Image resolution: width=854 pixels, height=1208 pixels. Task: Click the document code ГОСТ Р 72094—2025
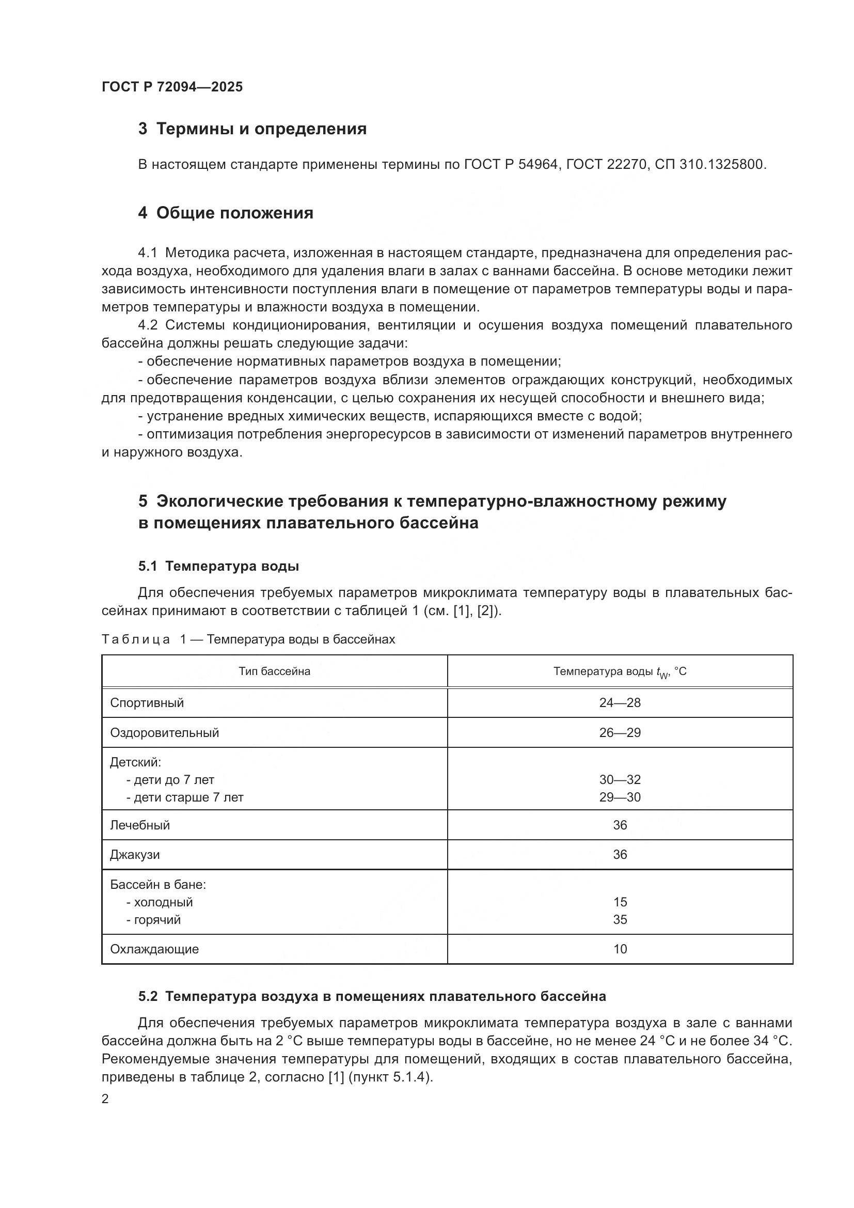(172, 87)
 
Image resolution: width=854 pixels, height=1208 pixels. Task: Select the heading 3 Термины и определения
(252, 129)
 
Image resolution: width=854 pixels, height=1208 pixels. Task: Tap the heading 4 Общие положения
(226, 213)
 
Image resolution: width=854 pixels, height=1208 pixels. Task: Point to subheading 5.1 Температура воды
(219, 566)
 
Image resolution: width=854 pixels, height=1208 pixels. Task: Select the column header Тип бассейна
(274, 671)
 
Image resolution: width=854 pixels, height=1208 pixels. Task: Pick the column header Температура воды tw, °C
(620, 672)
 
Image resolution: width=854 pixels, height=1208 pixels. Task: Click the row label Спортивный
(147, 703)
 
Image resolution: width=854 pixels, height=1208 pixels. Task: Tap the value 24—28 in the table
(620, 703)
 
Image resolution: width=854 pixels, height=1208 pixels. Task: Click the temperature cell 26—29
(620, 733)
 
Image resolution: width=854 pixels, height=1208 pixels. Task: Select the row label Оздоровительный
(164, 733)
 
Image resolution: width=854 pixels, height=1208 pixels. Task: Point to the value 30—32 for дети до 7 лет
(620, 780)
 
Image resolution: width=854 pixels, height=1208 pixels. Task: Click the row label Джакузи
(135, 854)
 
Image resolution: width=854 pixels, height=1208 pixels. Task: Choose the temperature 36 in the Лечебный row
(620, 825)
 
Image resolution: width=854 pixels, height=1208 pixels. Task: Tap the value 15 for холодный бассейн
(620, 902)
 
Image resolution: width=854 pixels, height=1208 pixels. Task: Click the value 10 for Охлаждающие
(620, 949)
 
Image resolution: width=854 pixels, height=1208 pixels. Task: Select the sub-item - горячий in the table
(153, 920)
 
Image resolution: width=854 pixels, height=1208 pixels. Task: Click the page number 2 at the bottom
(105, 1099)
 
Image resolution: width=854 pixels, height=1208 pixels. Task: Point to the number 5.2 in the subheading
(148, 996)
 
